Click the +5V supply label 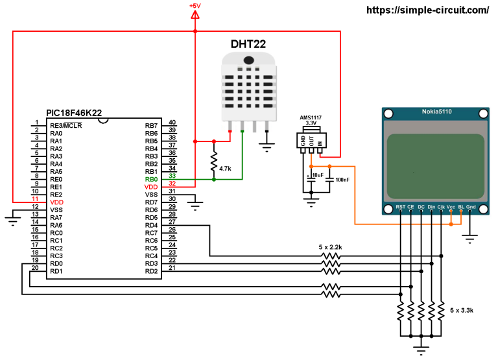tap(195, 6)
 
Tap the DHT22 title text tap(250, 44)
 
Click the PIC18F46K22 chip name tap(74, 113)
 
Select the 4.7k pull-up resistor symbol tap(214, 160)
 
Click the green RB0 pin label tap(151, 179)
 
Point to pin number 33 tap(172, 176)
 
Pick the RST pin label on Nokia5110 tap(400, 208)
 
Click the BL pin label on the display tap(461, 208)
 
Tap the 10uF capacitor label tap(317, 176)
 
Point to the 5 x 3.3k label tap(461, 311)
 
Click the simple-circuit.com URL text tap(428, 10)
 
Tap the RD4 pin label tap(151, 225)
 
